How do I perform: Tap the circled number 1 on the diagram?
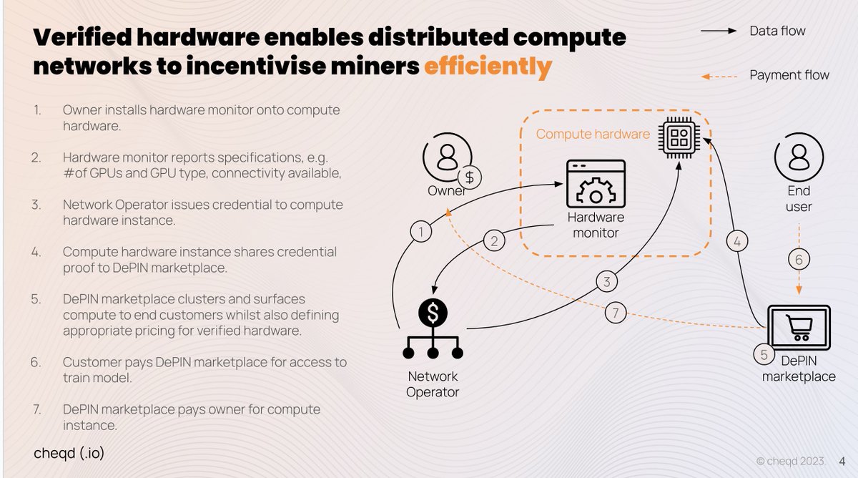pyautogui.click(x=421, y=232)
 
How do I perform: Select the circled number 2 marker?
pyautogui.click(x=494, y=240)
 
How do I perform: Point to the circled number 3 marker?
pyautogui.click(x=607, y=282)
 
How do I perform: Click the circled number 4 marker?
pyautogui.click(x=737, y=241)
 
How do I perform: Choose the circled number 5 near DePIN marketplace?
pyautogui.click(x=764, y=355)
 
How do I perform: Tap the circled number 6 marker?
pyautogui.click(x=799, y=260)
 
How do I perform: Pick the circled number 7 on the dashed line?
pyautogui.click(x=616, y=313)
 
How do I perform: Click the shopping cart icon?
pyautogui.click(x=799, y=327)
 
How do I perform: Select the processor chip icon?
pyautogui.click(x=679, y=137)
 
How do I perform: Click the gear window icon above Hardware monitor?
pyautogui.click(x=596, y=184)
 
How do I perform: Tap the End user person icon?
pyautogui.click(x=799, y=157)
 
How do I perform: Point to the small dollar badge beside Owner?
pyautogui.click(x=470, y=177)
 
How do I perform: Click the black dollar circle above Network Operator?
pyautogui.click(x=433, y=313)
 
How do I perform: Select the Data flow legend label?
pyautogui.click(x=778, y=31)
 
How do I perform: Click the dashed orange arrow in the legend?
pyautogui.click(x=719, y=77)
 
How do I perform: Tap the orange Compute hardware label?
pyautogui.click(x=593, y=134)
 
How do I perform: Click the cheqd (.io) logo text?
pyautogui.click(x=69, y=453)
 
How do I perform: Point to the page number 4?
pyautogui.click(x=842, y=461)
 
